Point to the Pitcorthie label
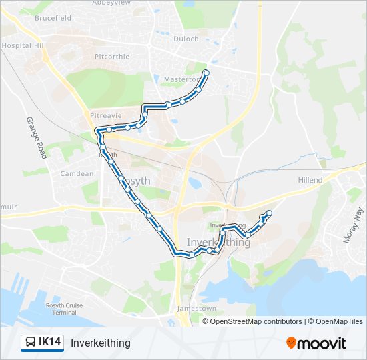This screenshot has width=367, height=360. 112,57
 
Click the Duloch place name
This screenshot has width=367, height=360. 186,39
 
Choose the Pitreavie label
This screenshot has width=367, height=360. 105,115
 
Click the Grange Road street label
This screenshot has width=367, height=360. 36,137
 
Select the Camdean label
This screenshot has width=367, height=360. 77,174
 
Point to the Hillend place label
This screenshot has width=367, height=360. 310,180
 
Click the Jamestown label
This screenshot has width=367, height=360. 196,309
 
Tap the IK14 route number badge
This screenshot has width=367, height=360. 50,343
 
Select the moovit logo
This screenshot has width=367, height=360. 316,343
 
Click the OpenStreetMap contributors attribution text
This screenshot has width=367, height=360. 255,321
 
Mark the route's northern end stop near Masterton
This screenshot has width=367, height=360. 206,72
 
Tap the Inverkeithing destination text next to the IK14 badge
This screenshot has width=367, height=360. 100,343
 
